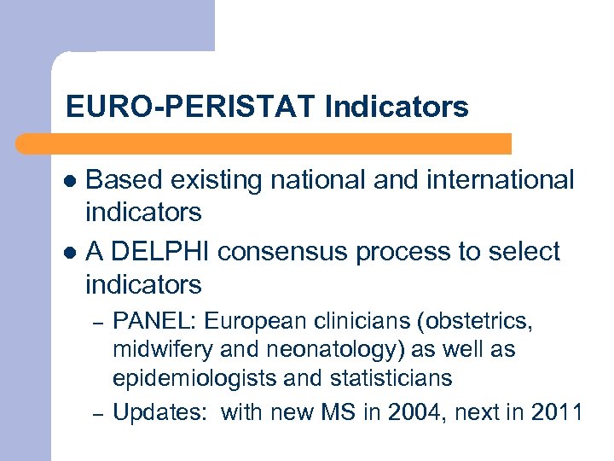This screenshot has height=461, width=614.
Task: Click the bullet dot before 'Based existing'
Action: pos(72,181)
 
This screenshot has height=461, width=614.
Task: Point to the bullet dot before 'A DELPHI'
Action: pos(72,254)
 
